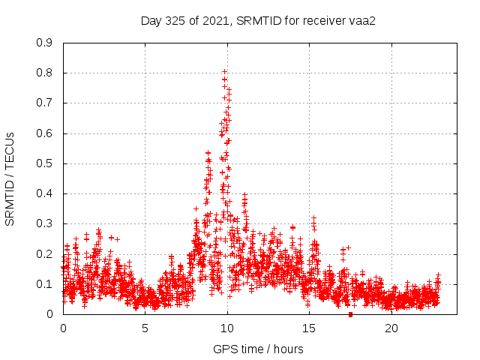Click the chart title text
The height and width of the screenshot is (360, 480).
(x=258, y=20)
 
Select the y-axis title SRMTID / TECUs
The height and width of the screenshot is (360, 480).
(x=10, y=178)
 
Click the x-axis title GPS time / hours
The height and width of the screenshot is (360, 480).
(x=258, y=349)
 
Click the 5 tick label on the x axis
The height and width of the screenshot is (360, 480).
(x=145, y=328)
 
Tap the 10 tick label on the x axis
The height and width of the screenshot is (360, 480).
(x=227, y=328)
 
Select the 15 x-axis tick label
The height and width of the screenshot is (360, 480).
(x=309, y=328)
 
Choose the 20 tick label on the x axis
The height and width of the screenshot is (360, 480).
(x=391, y=328)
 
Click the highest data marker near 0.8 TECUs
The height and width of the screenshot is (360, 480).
(x=224, y=72)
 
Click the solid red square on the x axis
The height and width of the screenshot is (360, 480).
(x=350, y=314)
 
